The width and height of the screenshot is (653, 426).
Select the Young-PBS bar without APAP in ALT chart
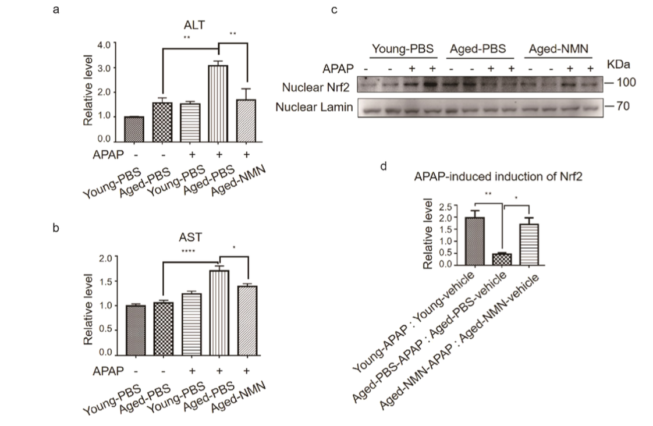134,129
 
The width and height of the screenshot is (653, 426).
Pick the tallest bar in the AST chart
219,312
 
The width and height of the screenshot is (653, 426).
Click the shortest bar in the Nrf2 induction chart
502,258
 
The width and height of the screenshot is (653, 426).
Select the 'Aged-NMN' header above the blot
559,49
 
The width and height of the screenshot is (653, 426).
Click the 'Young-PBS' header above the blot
403,49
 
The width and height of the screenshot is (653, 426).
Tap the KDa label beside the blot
619,63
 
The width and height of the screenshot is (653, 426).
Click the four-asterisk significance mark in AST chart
188,251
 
